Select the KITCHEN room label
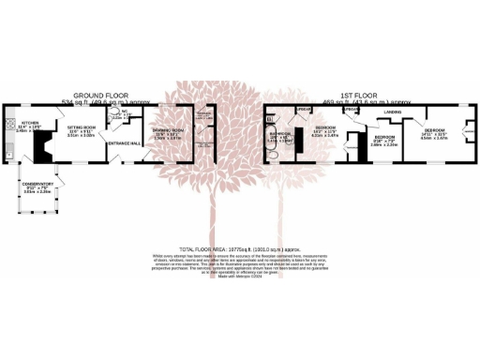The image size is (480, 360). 29,122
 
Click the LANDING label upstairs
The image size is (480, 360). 393,113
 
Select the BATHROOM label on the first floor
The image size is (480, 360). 280,133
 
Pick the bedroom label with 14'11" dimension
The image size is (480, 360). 433,130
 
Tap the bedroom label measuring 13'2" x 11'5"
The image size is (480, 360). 325,127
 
